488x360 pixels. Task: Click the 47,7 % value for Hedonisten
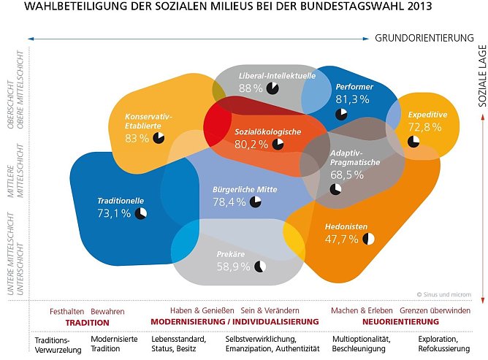click(342, 239)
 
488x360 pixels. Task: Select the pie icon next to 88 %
click(272, 88)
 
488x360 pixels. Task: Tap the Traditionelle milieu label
click(121, 200)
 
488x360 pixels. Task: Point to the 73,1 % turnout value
click(113, 213)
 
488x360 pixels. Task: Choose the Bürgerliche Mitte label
click(245, 189)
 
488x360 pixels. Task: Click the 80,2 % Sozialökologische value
click(251, 145)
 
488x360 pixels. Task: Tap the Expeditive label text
click(427, 115)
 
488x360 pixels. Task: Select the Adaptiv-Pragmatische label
click(355, 158)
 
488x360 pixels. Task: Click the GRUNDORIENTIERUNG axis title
click(424, 37)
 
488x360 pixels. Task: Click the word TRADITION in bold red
click(87, 322)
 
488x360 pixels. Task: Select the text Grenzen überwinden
click(435, 311)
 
